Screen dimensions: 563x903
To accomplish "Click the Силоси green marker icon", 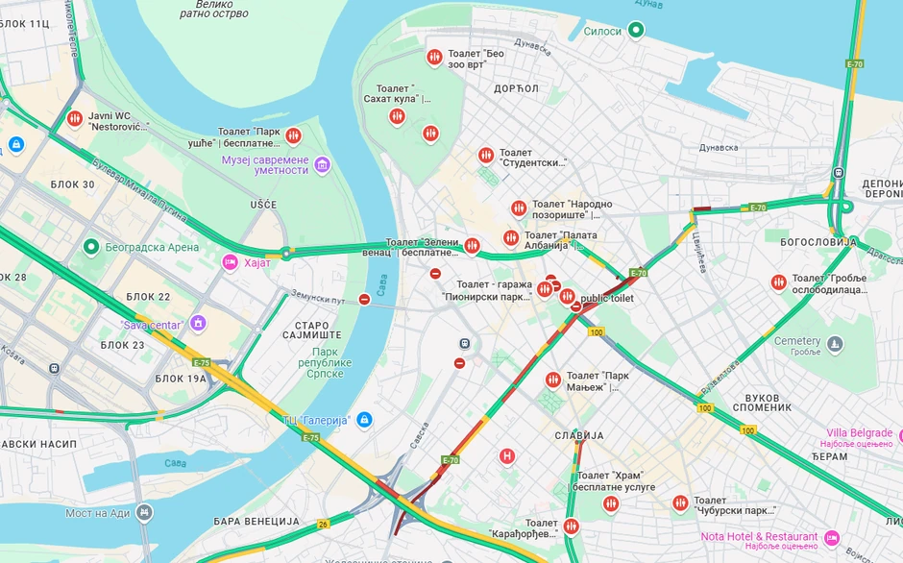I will (x=636, y=31).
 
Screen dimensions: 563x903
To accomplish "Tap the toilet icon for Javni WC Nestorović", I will (x=75, y=119).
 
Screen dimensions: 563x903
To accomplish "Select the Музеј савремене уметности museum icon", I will (x=322, y=164).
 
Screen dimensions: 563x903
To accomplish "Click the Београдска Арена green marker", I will (x=91, y=247).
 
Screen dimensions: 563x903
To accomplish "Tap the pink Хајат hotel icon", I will (x=230, y=262).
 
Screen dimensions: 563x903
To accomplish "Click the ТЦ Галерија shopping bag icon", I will (x=363, y=420).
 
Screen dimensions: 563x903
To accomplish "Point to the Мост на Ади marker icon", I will (x=144, y=512).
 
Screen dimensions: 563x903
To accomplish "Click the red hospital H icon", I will (x=507, y=455).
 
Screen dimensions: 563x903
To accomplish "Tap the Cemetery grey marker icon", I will (x=835, y=343).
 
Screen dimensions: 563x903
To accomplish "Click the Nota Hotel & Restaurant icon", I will (x=832, y=536).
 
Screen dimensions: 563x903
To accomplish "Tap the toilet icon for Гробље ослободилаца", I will (x=778, y=282).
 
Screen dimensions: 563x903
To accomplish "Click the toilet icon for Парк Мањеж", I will (x=552, y=379).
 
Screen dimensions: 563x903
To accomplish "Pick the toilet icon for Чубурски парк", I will (x=680, y=502).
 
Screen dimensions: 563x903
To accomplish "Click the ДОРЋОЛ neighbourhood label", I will (x=516, y=88).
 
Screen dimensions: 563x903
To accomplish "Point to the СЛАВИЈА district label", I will (x=579, y=435).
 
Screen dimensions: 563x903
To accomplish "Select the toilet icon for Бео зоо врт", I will (x=435, y=58).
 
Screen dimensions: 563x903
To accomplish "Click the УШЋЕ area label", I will (x=262, y=205).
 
